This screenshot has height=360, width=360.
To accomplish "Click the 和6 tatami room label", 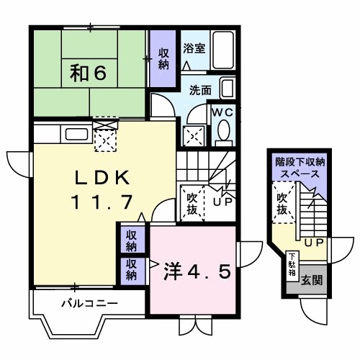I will [89, 72].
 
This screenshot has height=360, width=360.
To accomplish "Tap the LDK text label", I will [101, 177].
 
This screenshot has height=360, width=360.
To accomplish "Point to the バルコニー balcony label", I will [89, 304].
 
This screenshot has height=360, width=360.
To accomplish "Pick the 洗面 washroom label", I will [200, 91].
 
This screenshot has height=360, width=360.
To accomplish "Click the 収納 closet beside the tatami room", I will [163, 57].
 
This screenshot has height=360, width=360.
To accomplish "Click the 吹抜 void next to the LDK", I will [192, 202].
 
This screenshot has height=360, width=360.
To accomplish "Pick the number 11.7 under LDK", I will [101, 203].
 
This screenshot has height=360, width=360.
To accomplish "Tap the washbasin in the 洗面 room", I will [227, 91].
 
